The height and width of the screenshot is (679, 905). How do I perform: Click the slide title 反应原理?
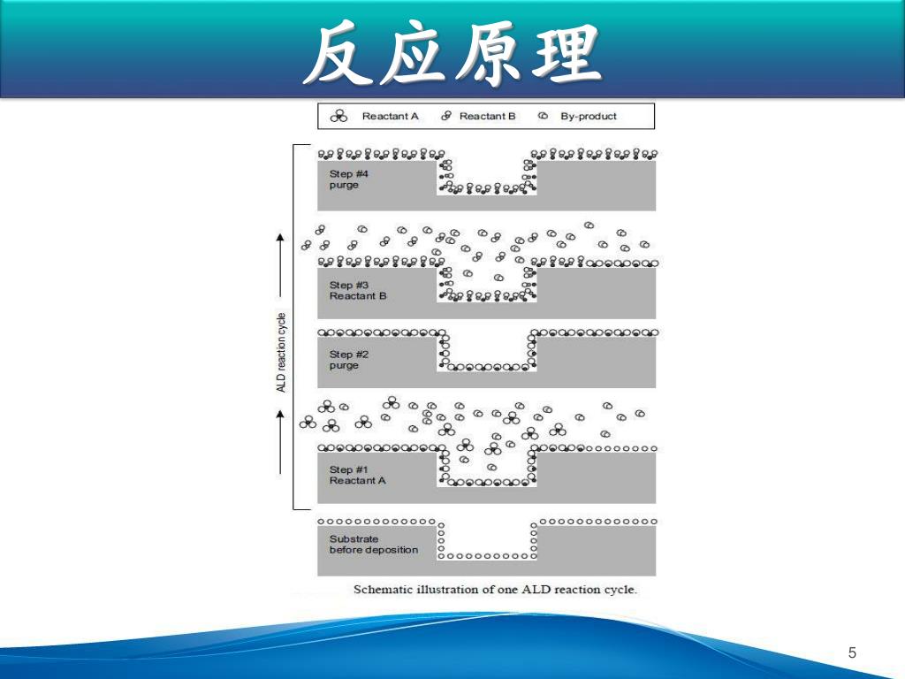coord(452,55)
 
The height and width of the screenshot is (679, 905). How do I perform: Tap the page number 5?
coord(852,653)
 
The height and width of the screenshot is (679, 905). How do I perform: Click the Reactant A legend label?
coord(390,117)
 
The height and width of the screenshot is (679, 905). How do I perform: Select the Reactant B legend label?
coord(487,117)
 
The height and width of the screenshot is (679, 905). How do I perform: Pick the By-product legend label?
coord(589,117)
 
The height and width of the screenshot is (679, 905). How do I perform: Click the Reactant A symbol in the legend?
coord(338,117)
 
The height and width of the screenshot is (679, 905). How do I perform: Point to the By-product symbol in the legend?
coord(543,117)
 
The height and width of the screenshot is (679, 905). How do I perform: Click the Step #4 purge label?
coord(348,179)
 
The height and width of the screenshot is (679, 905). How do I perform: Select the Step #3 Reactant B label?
coord(358,291)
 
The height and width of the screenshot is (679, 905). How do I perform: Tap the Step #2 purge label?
coord(348,360)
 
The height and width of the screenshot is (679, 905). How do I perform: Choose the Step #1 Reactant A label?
coord(358,475)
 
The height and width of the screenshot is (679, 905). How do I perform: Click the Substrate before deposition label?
coord(374,545)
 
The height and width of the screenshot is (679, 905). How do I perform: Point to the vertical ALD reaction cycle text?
coord(281,352)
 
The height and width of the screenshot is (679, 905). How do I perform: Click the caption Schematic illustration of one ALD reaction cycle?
coord(495,590)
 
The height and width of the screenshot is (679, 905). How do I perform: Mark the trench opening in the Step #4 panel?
coord(487,170)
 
